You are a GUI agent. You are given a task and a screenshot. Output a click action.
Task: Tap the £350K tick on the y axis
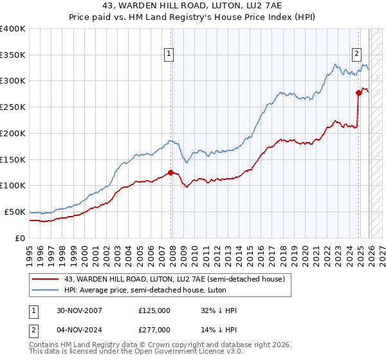13,55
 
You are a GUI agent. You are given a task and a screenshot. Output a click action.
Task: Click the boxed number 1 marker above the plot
169,55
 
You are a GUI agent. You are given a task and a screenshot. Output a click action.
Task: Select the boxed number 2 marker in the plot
356,55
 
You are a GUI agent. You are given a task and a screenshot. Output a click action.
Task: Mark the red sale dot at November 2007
170,172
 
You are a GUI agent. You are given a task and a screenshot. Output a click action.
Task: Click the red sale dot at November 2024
358,93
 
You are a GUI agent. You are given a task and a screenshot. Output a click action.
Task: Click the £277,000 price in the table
154,329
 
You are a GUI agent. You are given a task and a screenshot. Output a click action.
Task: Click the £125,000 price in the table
154,310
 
